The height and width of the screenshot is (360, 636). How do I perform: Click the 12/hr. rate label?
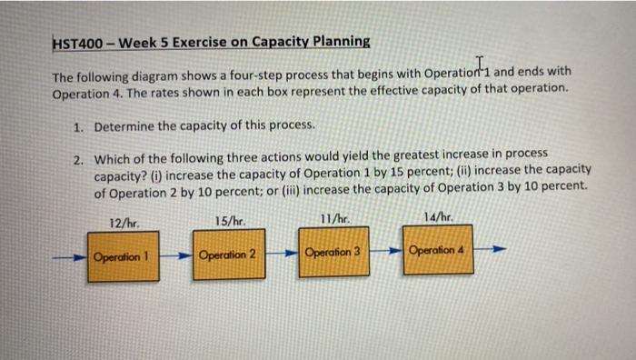[x=124, y=222]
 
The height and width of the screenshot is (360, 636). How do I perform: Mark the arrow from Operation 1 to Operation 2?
[x=177, y=255]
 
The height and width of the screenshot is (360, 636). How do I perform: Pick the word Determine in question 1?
[x=126, y=125]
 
